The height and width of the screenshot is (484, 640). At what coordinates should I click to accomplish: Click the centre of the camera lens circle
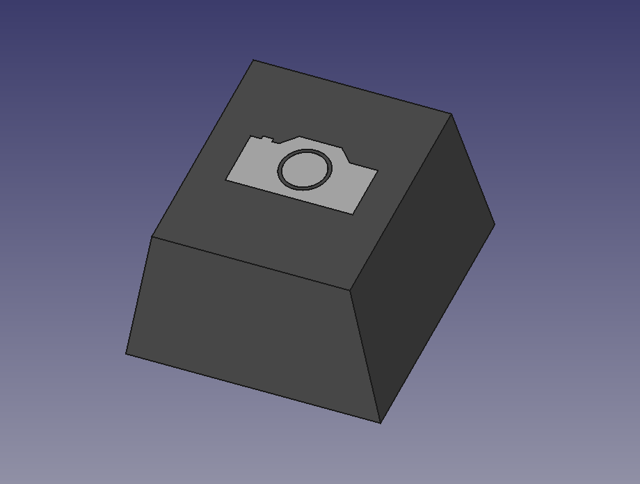click(x=305, y=169)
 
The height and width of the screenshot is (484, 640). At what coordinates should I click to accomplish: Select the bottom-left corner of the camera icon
click(x=226, y=180)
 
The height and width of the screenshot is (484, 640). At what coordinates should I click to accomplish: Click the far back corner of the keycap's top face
click(x=253, y=60)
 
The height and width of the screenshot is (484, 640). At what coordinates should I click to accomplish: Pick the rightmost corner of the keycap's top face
click(x=451, y=114)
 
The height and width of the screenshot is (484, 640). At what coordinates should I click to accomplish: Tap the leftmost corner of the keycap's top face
click(x=152, y=236)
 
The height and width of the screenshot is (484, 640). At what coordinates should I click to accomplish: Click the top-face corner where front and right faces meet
click(x=349, y=289)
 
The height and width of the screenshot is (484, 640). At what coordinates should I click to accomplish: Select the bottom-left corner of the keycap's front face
click(x=127, y=353)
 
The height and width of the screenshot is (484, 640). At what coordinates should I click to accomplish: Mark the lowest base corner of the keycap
click(x=380, y=421)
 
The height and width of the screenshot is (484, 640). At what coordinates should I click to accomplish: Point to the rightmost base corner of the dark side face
click(x=494, y=223)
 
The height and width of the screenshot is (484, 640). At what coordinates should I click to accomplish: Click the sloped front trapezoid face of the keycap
click(x=250, y=327)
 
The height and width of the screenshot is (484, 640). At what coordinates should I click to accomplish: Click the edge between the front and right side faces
click(x=365, y=355)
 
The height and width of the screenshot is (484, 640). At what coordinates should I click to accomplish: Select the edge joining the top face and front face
click(x=250, y=263)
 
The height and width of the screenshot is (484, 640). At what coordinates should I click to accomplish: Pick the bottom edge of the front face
click(x=253, y=387)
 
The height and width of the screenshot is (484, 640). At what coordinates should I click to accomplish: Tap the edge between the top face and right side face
click(x=401, y=202)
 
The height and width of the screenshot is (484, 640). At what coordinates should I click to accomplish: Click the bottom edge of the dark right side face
click(x=437, y=323)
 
